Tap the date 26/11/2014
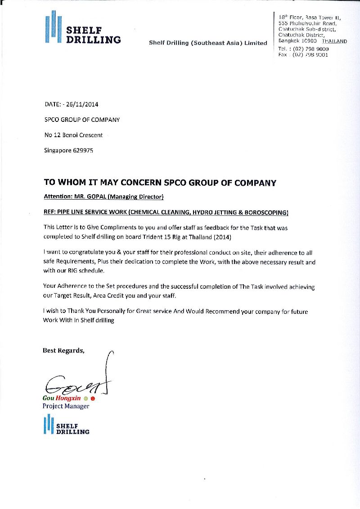(82, 104)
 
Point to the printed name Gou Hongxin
(62, 398)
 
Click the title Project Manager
(66, 406)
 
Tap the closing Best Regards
(63, 350)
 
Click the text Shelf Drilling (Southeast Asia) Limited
(208, 43)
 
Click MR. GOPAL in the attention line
(90, 196)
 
